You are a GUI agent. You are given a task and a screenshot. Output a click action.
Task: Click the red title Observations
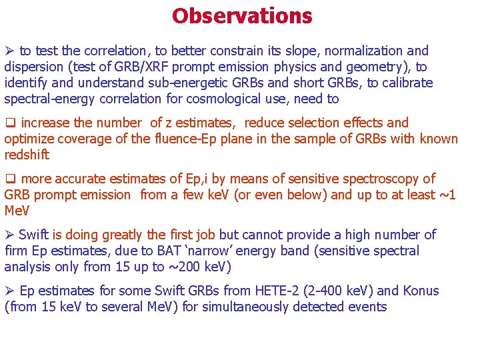[241, 15]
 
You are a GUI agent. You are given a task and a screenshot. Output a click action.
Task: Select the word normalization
[362, 51]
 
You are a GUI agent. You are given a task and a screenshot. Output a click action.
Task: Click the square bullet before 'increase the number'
[10, 123]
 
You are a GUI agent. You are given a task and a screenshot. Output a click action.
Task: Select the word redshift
[26, 155]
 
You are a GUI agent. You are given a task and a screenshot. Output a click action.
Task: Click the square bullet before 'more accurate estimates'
[10, 179]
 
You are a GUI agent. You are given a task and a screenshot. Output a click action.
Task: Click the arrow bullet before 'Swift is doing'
[9, 235]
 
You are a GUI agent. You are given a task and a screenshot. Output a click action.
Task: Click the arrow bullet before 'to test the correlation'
[10, 51]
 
